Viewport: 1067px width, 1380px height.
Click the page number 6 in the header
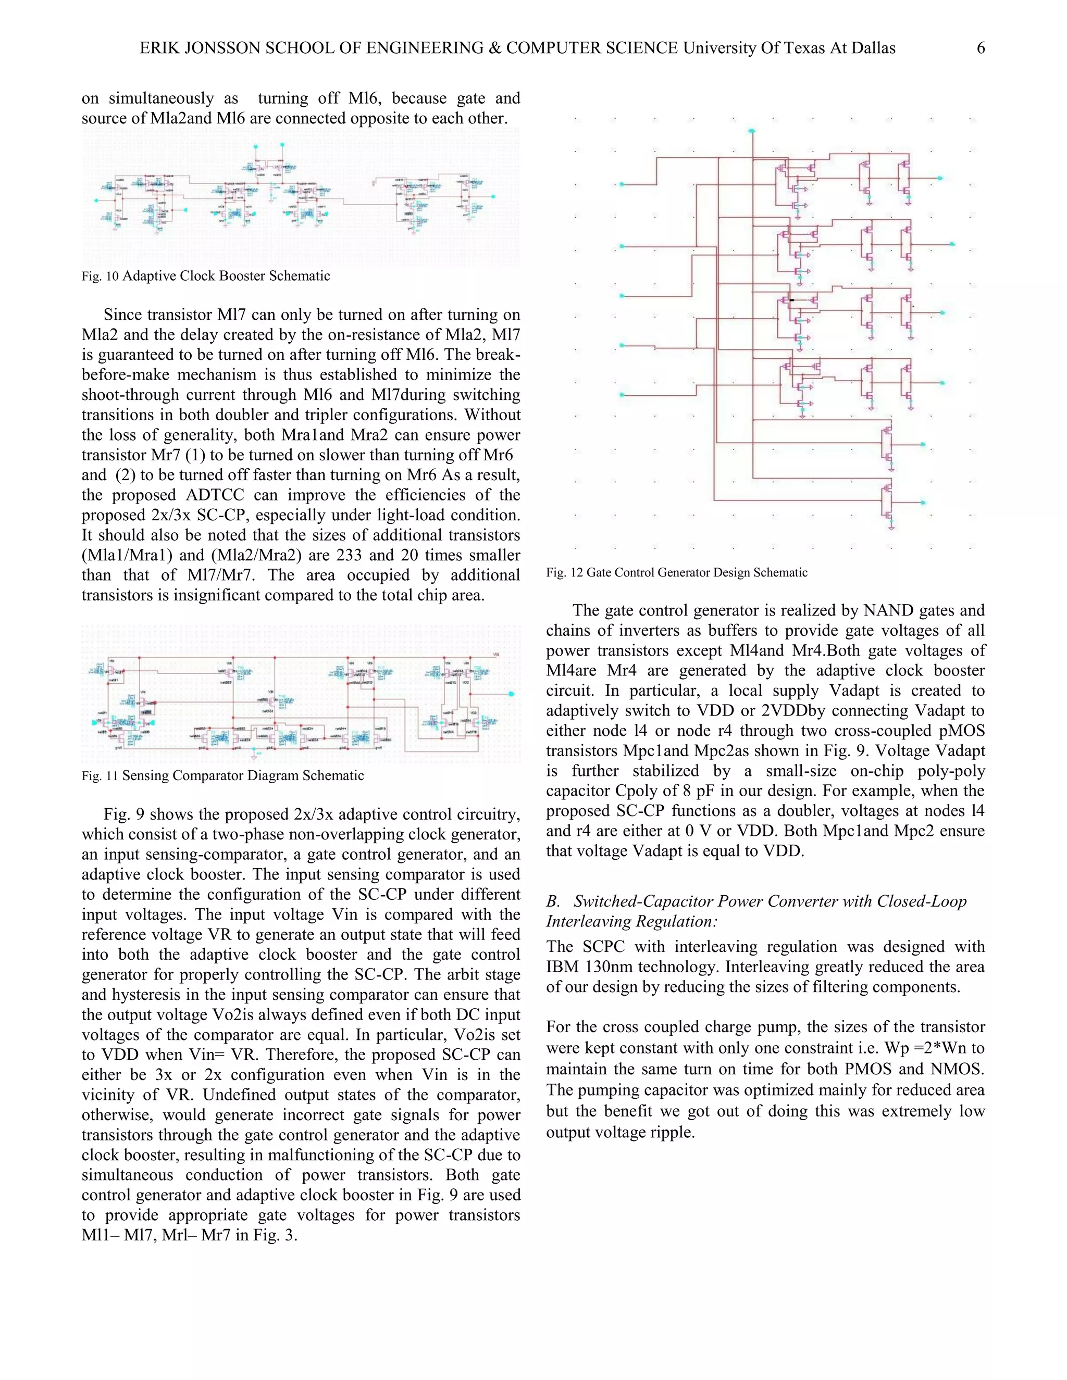pos(981,48)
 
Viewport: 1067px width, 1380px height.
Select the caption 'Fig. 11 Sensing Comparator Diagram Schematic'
pos(222,775)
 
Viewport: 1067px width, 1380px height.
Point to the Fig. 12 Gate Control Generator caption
pos(676,572)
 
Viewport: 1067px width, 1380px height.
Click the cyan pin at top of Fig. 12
pos(752,131)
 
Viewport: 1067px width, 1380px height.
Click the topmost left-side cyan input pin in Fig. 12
pos(622,184)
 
